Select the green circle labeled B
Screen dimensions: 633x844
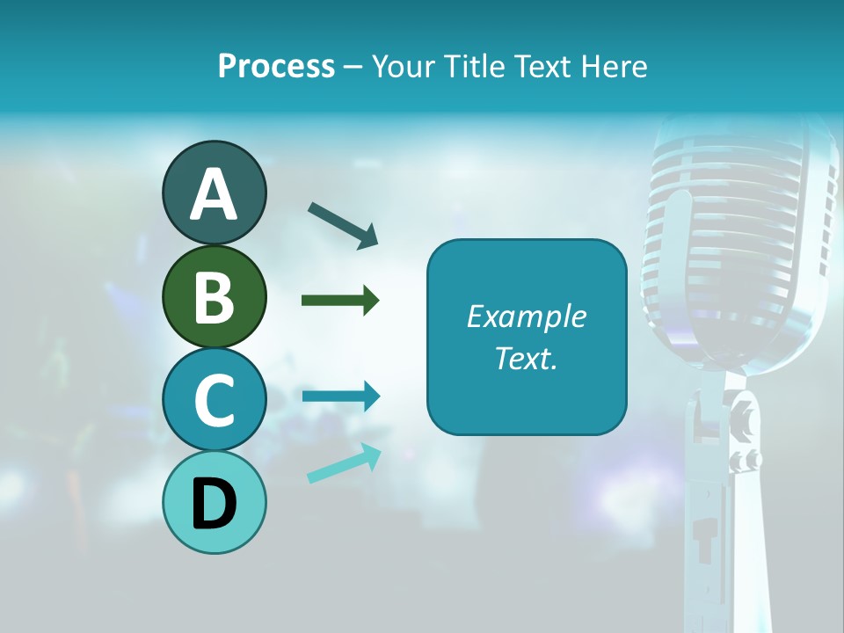coord(214,297)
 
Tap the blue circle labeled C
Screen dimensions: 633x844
coord(214,400)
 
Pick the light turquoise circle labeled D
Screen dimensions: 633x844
coord(214,523)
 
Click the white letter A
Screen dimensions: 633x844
coord(214,194)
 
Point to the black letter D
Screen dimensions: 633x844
coord(214,504)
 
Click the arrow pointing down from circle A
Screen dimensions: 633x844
coord(343,224)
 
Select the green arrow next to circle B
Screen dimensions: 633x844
coord(340,301)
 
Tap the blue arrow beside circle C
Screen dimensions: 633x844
coord(341,397)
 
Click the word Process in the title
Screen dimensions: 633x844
coord(276,66)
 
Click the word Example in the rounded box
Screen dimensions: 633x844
coord(526,316)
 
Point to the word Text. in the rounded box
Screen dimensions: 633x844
coord(526,359)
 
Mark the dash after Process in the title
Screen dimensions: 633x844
coord(353,67)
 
